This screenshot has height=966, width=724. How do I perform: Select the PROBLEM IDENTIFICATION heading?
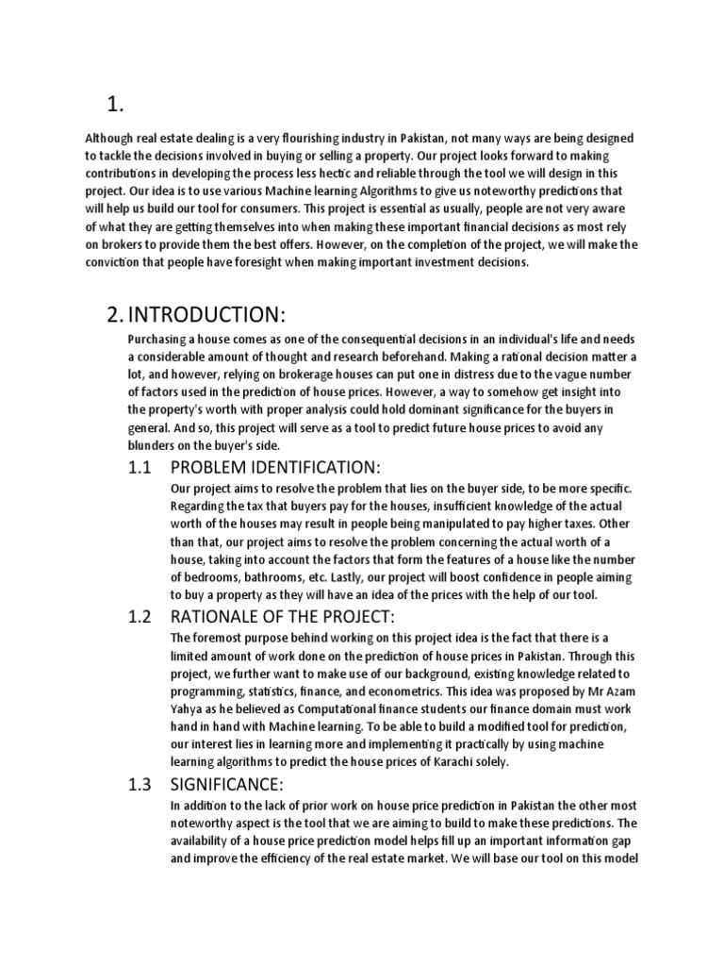click(x=274, y=468)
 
